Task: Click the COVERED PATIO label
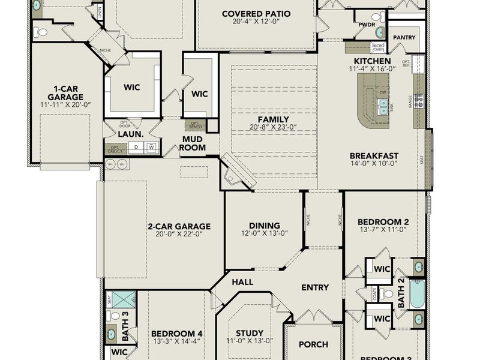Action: (256, 14)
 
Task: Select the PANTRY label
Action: (404, 37)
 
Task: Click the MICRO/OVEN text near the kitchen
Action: (378, 47)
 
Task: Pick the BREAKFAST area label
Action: (374, 156)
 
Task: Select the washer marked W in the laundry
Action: (152, 146)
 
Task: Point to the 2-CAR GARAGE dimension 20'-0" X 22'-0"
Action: (179, 234)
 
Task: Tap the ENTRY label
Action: (315, 287)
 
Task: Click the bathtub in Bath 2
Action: (416, 293)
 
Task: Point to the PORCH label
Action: (313, 344)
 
